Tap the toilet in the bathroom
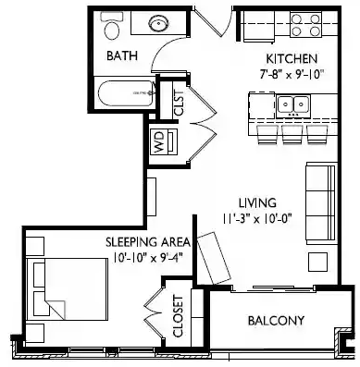pos(114,29)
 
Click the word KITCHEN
pos(288,57)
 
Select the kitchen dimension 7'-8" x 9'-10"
pos(288,73)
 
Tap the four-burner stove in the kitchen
pos(304,21)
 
